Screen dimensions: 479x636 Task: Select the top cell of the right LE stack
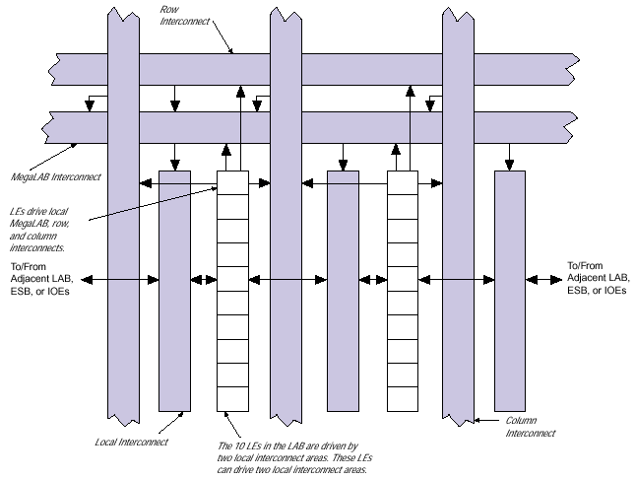coord(402,182)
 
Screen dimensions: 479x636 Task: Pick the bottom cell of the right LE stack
coord(402,399)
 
